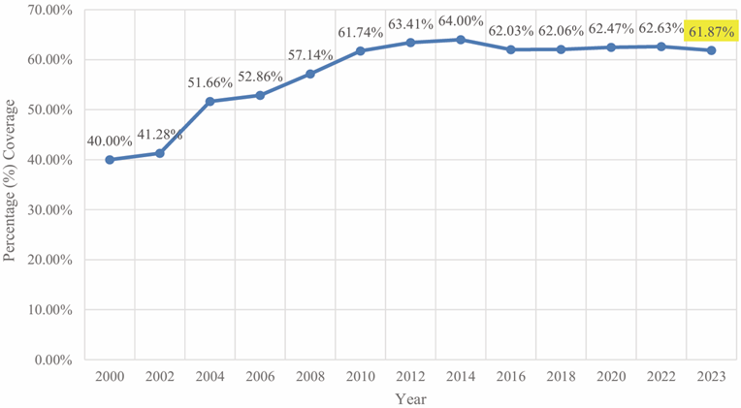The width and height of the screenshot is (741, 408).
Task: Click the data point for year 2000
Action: [x=110, y=160]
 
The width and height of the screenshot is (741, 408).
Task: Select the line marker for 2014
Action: [x=461, y=40]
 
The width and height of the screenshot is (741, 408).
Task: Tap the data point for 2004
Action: [x=210, y=101]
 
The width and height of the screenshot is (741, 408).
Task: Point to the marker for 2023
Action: [x=712, y=50]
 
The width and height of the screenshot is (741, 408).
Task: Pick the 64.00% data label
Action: [x=460, y=21]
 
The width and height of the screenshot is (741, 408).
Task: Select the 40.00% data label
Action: [x=111, y=141]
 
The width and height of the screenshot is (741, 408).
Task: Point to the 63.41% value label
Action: [x=410, y=24]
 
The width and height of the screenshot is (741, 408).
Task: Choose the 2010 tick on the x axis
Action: [x=360, y=373]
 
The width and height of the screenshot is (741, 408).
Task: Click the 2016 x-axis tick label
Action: [x=510, y=373]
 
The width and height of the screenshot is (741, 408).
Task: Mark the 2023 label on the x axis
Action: [x=711, y=373]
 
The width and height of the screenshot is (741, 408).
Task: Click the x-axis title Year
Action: [x=410, y=397]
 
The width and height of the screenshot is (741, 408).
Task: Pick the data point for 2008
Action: [x=310, y=74]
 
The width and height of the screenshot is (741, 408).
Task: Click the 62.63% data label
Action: [x=661, y=28]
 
